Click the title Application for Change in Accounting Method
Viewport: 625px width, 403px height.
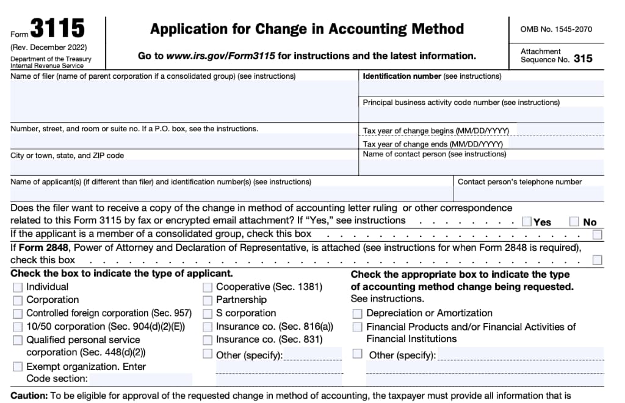pyautogui.click(x=307, y=29)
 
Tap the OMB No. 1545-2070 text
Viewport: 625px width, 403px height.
pyautogui.click(x=556, y=29)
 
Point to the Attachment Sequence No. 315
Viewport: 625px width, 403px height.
pyautogui.click(x=556, y=56)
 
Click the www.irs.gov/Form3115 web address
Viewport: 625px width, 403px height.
pyautogui.click(x=220, y=56)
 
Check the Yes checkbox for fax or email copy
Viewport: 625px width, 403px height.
pyautogui.click(x=527, y=222)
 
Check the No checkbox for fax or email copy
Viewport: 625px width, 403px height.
pyautogui.click(x=574, y=222)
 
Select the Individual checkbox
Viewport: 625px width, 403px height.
pyautogui.click(x=18, y=287)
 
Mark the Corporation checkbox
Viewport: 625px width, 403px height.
pyautogui.click(x=18, y=300)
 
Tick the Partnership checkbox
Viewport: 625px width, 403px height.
pyautogui.click(x=208, y=300)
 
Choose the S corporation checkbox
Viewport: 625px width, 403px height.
pyautogui.click(x=208, y=313)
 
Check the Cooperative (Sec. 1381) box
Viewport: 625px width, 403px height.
pyautogui.click(x=208, y=287)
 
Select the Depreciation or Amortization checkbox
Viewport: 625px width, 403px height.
pyautogui.click(x=357, y=313)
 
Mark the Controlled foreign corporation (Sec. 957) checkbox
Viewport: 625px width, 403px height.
pyautogui.click(x=18, y=313)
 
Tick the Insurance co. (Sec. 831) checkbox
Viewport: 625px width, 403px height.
pyautogui.click(x=208, y=339)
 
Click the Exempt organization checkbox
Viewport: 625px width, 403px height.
pyautogui.click(x=18, y=366)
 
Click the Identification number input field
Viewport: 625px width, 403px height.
pyautogui.click(x=480, y=89)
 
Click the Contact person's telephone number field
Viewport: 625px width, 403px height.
pyautogui.click(x=528, y=194)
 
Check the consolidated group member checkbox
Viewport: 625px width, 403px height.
pyautogui.click(x=597, y=234)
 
